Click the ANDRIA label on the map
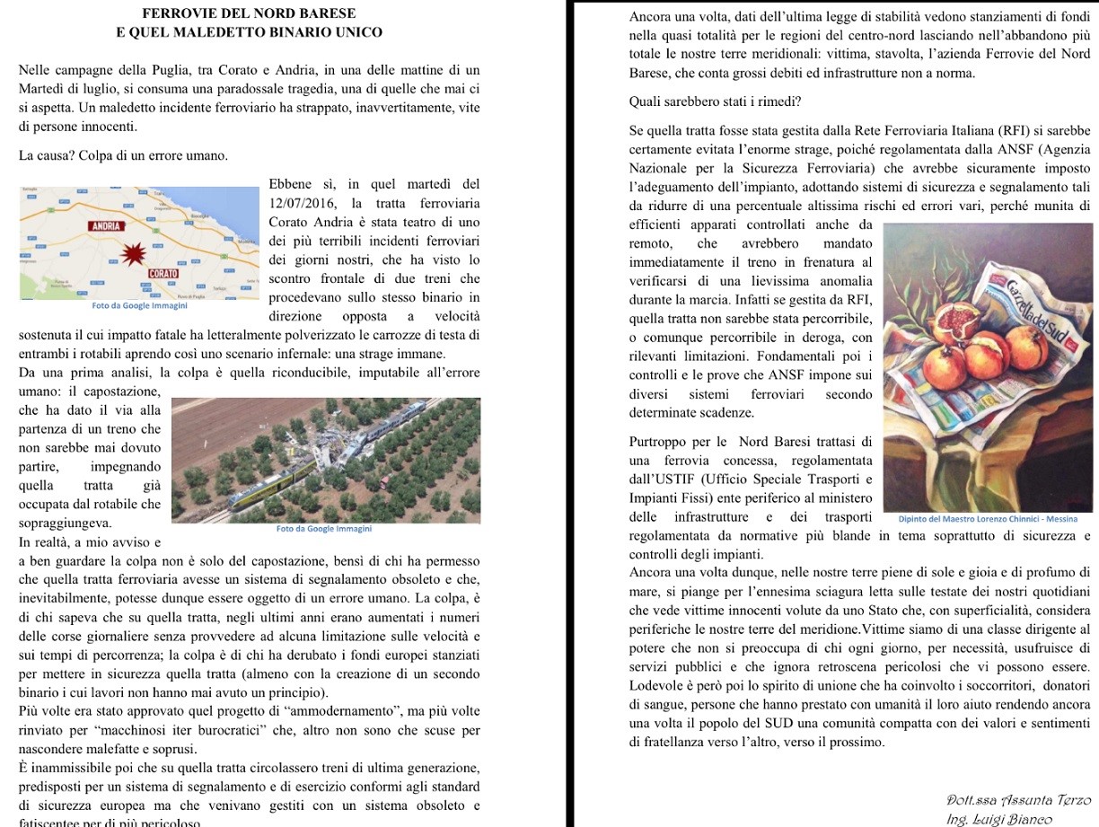107,226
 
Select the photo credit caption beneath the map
140,305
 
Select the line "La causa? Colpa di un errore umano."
123,156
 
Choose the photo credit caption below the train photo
324,529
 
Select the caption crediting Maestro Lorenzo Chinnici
988,519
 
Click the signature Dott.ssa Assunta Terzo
1018,800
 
